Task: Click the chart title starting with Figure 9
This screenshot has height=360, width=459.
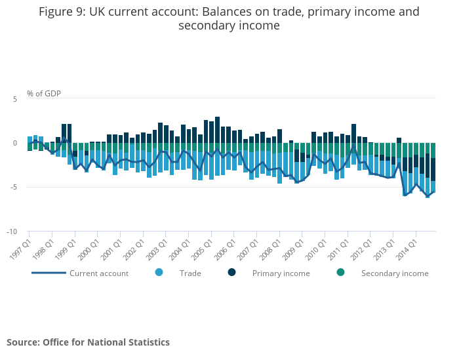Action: pos(229,18)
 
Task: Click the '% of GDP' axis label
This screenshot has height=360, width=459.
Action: pos(44,93)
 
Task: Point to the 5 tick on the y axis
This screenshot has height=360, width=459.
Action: pos(14,98)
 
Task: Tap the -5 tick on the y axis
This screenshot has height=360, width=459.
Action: pos(14,187)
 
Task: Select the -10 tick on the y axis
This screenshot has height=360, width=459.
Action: pos(12,231)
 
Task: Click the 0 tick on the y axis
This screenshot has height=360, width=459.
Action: pos(14,143)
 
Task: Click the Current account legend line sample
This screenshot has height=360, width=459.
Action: pos(49,273)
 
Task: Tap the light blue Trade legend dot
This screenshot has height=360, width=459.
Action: pos(159,272)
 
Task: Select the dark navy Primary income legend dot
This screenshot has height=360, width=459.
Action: pos(232,272)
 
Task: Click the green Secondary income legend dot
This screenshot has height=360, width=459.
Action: pos(340,272)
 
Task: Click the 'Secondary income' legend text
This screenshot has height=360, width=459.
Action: pos(395,273)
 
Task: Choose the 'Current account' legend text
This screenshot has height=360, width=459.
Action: pos(99,273)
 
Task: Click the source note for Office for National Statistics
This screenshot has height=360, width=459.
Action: pos(88,342)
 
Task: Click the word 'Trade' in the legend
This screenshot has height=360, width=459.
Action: pos(190,273)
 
